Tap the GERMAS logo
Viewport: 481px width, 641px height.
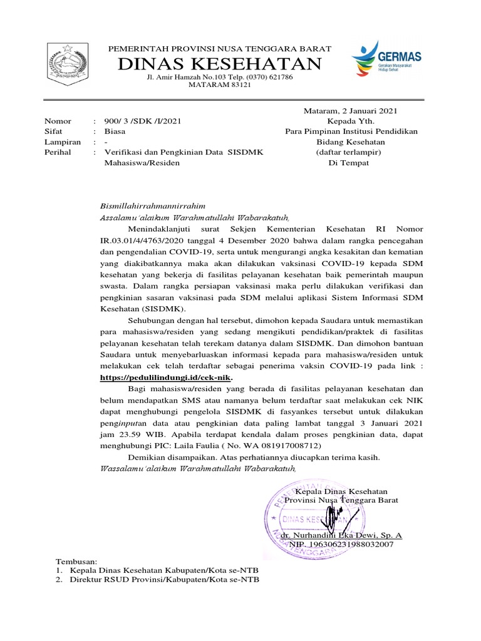point(386,58)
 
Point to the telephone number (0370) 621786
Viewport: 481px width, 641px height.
point(266,76)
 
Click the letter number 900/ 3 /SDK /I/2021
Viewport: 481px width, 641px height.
point(143,121)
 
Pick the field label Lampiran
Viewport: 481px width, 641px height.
point(63,142)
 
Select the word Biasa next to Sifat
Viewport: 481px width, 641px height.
point(115,131)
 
